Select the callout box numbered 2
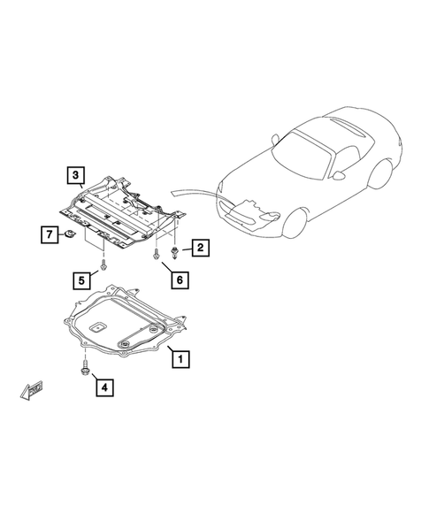tap(201, 249)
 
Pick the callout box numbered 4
tap(104, 387)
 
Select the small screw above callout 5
tap(105, 264)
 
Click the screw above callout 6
tap(157, 256)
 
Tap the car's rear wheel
tap(386, 172)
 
